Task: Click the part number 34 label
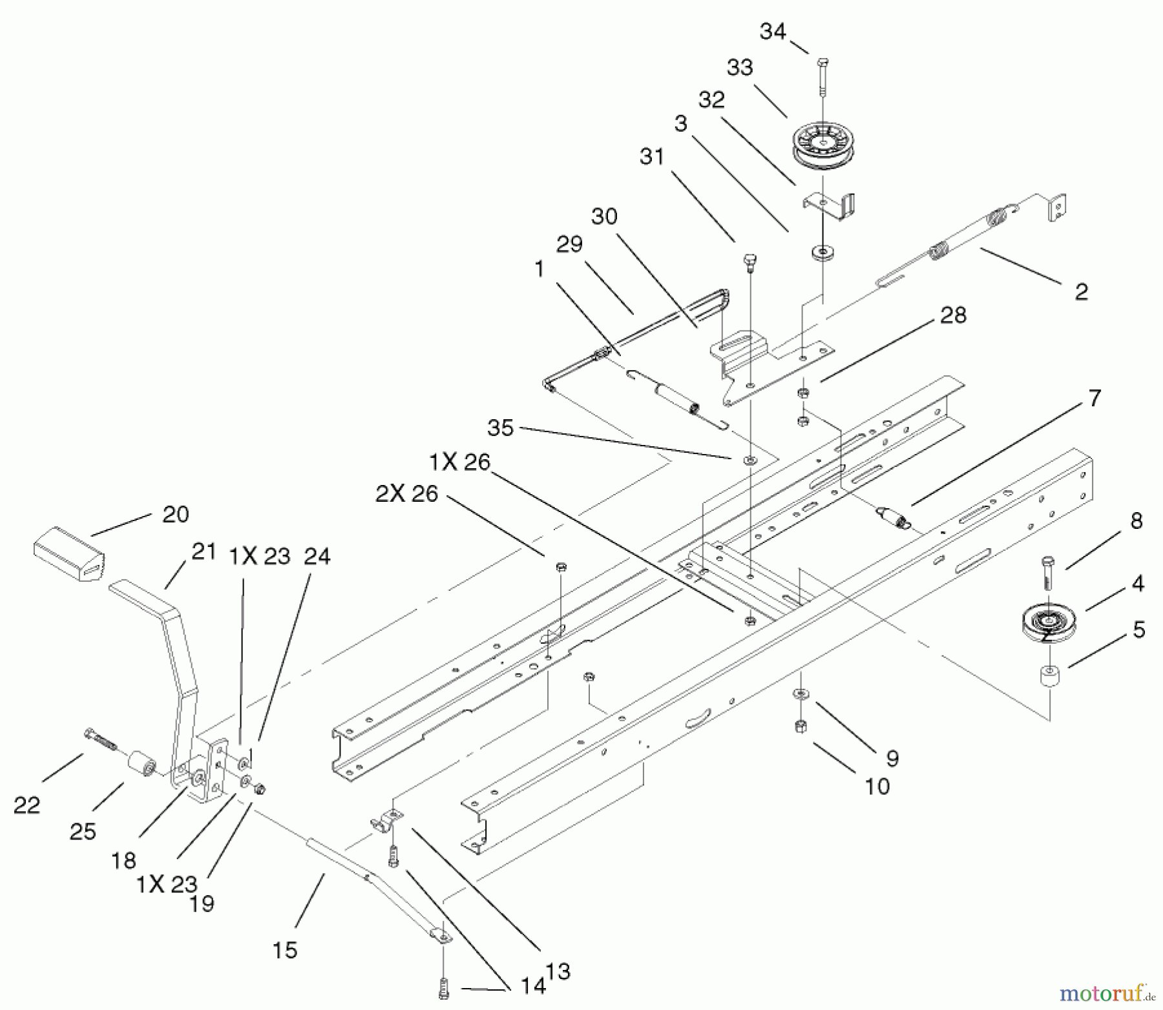tap(773, 32)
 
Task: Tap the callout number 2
tap(1081, 292)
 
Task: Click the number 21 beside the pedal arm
tap(204, 552)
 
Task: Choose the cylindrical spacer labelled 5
tap(1049, 678)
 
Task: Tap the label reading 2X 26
tap(406, 494)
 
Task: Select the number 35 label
tap(500, 428)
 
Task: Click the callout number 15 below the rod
tap(285, 950)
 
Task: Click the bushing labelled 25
tap(141, 766)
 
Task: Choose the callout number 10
tap(877, 786)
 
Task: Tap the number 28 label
tap(953, 315)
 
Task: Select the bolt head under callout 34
tap(822, 63)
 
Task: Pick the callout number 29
tap(569, 244)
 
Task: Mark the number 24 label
tap(317, 556)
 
